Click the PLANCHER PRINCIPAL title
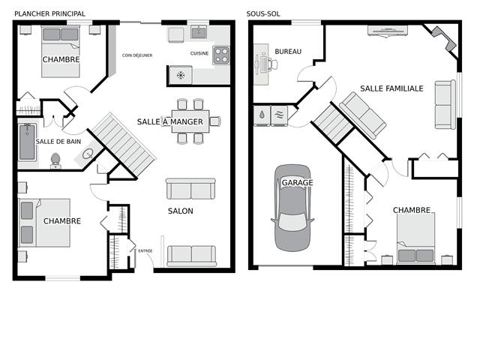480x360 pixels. tap(49, 13)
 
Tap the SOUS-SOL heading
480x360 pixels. tap(263, 13)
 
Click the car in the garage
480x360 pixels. tap(293, 208)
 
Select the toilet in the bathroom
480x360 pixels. tap(55, 161)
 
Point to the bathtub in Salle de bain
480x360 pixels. tap(27, 142)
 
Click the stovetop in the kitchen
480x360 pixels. tap(221, 55)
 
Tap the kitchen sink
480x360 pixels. tap(199, 31)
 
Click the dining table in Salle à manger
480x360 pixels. tap(190, 121)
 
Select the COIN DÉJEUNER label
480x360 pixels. tap(137, 55)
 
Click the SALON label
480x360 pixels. tap(181, 211)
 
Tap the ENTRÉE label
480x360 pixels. tap(145, 250)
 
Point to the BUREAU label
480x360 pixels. tap(288, 52)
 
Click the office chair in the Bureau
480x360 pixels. tap(273, 64)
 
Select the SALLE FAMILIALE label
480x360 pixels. tap(391, 88)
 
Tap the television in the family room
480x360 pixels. tap(388, 31)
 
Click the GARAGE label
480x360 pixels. tap(297, 183)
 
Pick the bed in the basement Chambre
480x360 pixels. tap(416, 238)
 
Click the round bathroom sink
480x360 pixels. tap(88, 154)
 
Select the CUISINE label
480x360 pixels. tap(199, 53)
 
